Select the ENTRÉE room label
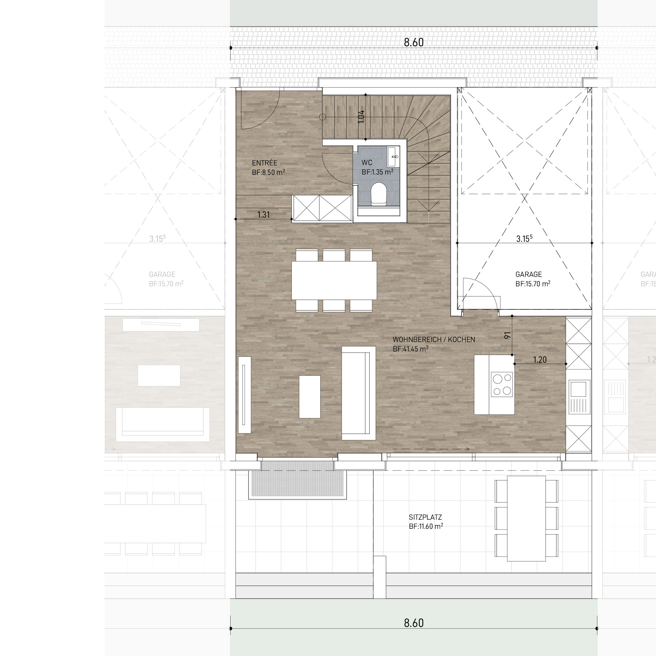(x=265, y=163)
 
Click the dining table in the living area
(x=334, y=280)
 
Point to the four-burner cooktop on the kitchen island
(x=501, y=384)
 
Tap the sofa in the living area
(x=358, y=393)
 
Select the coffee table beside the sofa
(x=309, y=397)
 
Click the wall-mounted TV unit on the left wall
(x=244, y=395)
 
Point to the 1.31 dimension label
(x=264, y=214)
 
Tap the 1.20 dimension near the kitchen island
(x=540, y=360)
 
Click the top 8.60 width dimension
(x=414, y=42)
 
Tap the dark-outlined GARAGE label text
(x=528, y=274)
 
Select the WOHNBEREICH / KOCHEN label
(x=434, y=340)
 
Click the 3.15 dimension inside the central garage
(x=522, y=239)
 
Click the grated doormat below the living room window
(x=296, y=478)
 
